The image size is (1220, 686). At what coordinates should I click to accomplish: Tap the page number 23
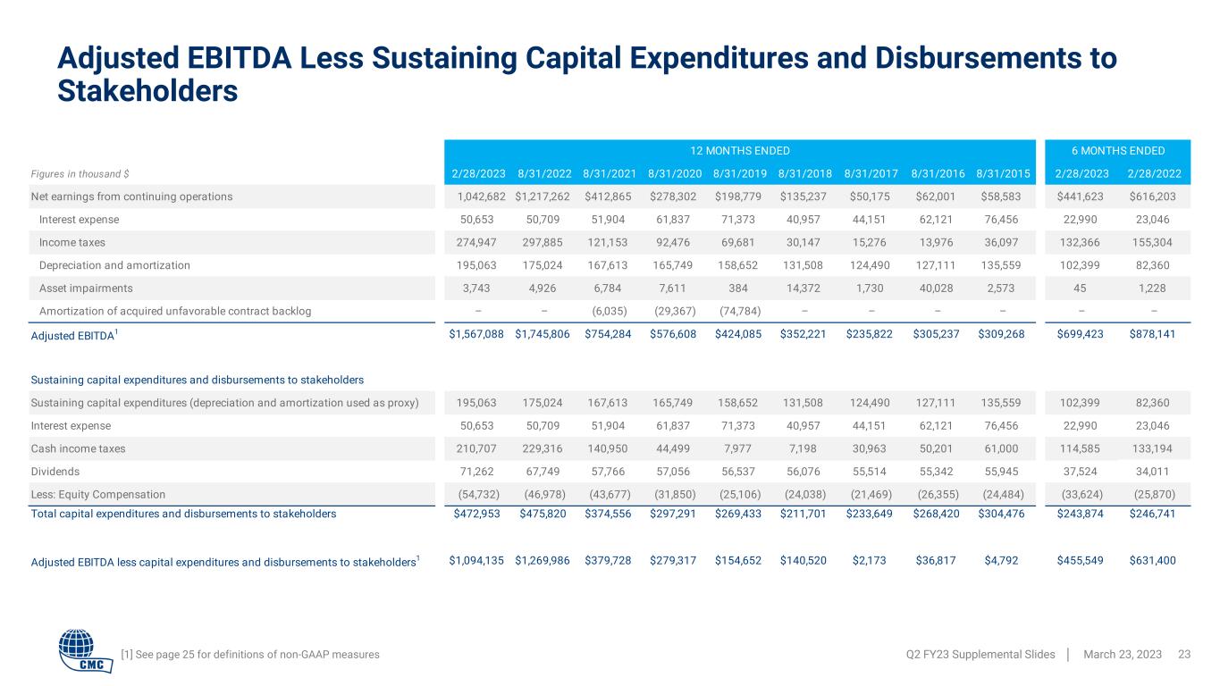click(1185, 655)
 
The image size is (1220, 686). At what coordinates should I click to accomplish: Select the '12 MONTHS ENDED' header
click(738, 150)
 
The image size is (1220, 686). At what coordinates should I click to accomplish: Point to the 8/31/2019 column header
click(739, 173)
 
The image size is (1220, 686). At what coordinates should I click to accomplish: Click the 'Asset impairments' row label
click(86, 289)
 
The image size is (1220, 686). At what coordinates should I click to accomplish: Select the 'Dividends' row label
click(55, 471)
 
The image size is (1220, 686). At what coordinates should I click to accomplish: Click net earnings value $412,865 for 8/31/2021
click(608, 197)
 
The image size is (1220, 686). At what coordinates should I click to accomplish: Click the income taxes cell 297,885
click(541, 242)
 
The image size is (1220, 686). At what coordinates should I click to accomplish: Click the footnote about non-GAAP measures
click(249, 655)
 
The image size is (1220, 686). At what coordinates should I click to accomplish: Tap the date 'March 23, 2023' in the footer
click(1122, 655)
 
